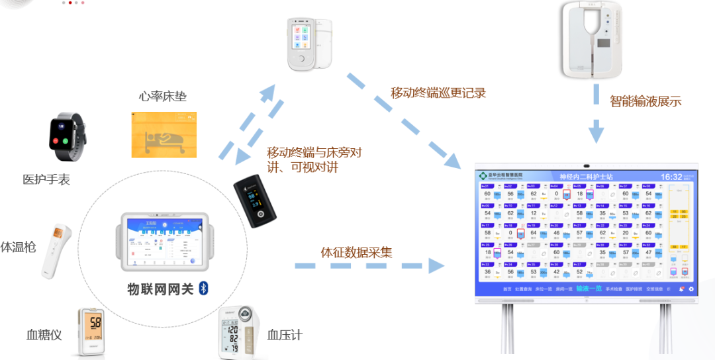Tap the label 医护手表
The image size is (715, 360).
tap(46, 179)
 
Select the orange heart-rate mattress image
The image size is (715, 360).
tap(164, 134)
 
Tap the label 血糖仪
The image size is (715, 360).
tap(44, 335)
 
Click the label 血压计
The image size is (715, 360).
tap(285, 335)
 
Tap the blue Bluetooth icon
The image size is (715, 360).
tap(205, 289)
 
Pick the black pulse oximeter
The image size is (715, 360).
tap(257, 202)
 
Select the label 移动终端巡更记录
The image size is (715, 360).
tap(438, 93)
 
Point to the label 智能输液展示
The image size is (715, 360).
tap(645, 101)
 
